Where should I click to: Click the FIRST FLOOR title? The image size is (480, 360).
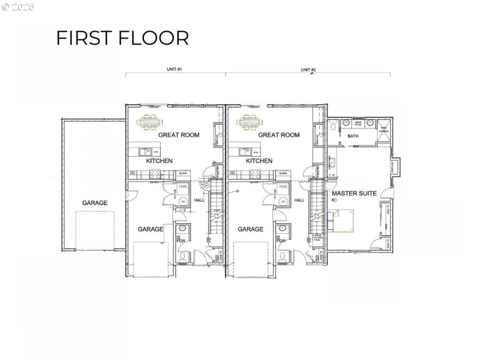pos(122,37)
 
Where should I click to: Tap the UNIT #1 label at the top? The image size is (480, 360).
pos(174,70)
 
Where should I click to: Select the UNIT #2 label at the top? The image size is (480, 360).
pos(308,70)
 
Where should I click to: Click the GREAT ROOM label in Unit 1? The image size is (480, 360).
pos(178,135)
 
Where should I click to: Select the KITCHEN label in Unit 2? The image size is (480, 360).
pos(259,161)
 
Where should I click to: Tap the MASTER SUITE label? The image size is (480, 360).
pos(354,194)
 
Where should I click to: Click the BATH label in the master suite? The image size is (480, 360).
pos(353,136)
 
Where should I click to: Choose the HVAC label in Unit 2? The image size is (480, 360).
pos(283,187)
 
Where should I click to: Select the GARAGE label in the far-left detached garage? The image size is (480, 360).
pos(95,203)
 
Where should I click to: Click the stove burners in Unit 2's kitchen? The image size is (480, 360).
pos(254,174)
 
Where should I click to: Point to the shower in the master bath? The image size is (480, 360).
pos(383,127)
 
